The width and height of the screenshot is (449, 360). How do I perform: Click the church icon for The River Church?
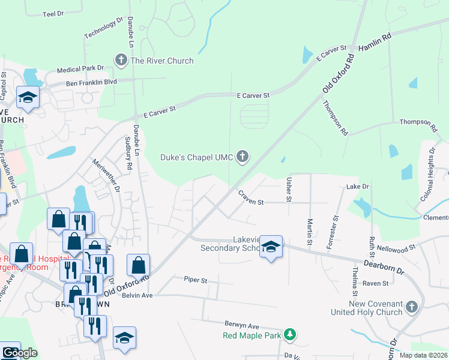[x=121, y=60]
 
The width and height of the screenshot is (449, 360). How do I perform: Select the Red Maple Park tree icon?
[x=290, y=334]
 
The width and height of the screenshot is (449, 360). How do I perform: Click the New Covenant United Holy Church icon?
[x=411, y=307]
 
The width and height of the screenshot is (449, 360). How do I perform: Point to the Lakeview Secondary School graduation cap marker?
[x=271, y=247]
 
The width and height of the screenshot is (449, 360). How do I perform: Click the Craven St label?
[x=250, y=198]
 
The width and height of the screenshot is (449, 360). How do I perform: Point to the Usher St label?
[x=289, y=189]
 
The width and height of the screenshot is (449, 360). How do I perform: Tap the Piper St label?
[x=196, y=280]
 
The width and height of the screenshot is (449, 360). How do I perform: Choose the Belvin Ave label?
[x=139, y=295]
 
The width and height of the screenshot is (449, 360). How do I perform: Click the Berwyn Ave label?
[x=241, y=324]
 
